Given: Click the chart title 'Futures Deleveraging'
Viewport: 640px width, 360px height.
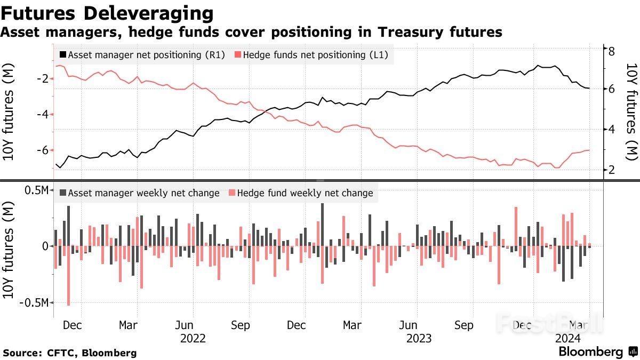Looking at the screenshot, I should click(107, 13).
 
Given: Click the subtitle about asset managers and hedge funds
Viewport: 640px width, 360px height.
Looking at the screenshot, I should click(251, 33).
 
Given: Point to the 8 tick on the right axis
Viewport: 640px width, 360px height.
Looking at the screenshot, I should click(612, 50).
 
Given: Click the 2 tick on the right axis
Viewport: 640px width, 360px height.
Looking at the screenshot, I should click(612, 170).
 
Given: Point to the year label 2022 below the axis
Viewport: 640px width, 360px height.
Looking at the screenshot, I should click(193, 338).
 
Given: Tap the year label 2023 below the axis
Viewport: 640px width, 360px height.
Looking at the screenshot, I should click(419, 338).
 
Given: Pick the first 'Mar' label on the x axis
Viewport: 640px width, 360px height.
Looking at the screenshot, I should click(128, 325).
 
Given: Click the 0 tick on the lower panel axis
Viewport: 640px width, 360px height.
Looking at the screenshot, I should click(45, 246).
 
